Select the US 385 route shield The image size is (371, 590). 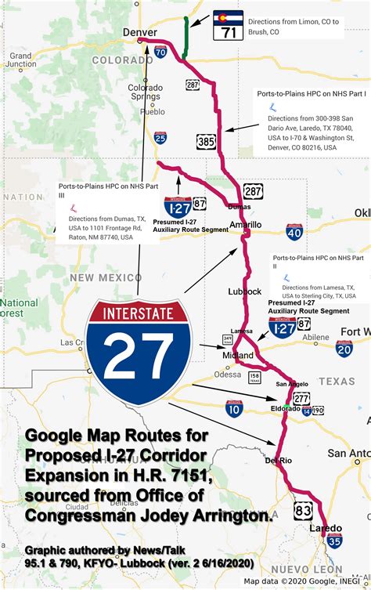pyautogui.click(x=205, y=141)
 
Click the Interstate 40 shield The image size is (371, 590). pyautogui.click(x=294, y=231)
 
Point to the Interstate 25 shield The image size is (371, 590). pyautogui.click(x=160, y=139)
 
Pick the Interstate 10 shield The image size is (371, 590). pyautogui.click(x=233, y=407)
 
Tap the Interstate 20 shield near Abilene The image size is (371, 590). pyautogui.click(x=344, y=327)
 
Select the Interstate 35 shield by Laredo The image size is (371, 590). pyautogui.click(x=333, y=540)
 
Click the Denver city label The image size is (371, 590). pyautogui.click(x=140, y=31)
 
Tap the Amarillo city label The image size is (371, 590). pyautogui.click(x=245, y=225)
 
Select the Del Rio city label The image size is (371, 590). pyautogui.click(x=279, y=461)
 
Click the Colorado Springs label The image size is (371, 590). pyautogui.click(x=146, y=92)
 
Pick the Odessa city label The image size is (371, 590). pyautogui.click(x=228, y=352)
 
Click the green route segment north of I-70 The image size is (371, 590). pyautogui.click(x=185, y=37)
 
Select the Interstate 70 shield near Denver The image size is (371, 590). pyautogui.click(x=160, y=52)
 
